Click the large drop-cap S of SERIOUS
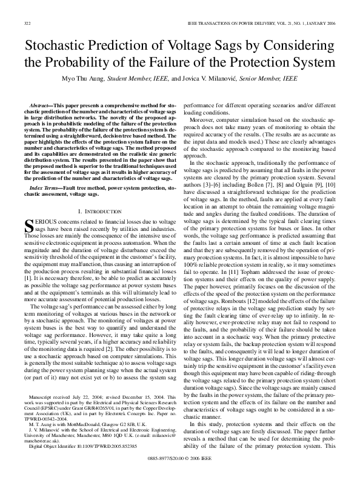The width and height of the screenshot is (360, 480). point(27,227)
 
